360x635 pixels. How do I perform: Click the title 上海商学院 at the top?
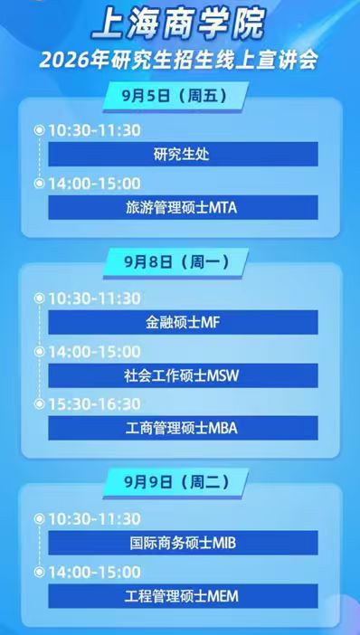(x=180, y=24)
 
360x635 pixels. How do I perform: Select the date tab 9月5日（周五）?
(x=180, y=95)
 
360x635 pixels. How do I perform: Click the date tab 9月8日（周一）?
(x=180, y=262)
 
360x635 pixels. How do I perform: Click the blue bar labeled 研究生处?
(x=183, y=155)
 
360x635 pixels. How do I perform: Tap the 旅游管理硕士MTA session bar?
(x=183, y=207)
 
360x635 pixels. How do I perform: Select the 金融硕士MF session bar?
(x=183, y=322)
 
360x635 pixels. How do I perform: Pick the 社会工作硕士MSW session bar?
(x=183, y=375)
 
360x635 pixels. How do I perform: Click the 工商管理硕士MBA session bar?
(x=183, y=428)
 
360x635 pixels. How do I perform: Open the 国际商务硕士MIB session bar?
(x=183, y=543)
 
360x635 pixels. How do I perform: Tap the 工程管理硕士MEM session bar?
(x=183, y=596)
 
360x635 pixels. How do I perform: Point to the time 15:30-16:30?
(x=94, y=403)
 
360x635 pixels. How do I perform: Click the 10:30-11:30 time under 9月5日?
(x=94, y=130)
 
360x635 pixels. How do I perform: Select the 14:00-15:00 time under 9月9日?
(x=94, y=572)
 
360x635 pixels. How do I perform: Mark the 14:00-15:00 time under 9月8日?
(x=94, y=351)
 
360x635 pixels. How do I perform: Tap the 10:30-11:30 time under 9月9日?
(x=94, y=518)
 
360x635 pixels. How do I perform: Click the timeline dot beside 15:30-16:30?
(x=39, y=403)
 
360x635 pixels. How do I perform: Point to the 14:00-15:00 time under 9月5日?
(x=94, y=183)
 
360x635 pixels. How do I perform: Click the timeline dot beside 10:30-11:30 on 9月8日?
(x=39, y=298)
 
